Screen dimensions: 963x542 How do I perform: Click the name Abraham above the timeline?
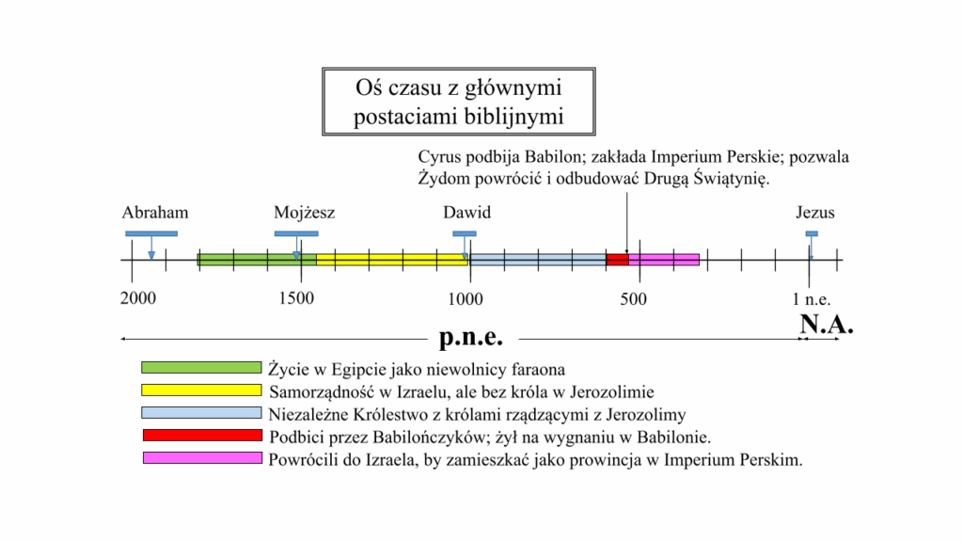(x=155, y=213)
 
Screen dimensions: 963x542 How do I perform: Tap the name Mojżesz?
(x=305, y=214)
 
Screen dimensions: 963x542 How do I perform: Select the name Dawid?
(x=466, y=213)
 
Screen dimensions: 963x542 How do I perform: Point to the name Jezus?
(x=815, y=213)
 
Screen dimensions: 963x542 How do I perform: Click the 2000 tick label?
(x=138, y=298)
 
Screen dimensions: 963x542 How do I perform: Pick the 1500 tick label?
(x=296, y=298)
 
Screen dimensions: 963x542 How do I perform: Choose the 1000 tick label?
(x=465, y=299)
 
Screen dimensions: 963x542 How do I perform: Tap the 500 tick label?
(x=633, y=299)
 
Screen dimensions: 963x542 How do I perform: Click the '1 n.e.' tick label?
(x=812, y=300)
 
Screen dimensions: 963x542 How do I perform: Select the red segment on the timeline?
(x=617, y=260)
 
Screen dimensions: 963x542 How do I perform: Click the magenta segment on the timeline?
(x=664, y=260)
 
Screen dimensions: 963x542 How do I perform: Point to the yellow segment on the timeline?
(x=392, y=260)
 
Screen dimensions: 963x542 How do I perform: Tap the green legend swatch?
(x=201, y=368)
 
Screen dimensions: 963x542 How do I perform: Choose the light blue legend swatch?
(x=201, y=412)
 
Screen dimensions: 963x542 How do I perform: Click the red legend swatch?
(x=203, y=435)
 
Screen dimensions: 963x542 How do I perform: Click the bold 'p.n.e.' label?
(x=471, y=337)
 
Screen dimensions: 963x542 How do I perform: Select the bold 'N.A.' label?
(x=827, y=325)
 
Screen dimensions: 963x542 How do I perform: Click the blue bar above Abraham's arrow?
(x=151, y=233)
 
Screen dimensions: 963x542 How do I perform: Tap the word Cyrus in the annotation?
(x=440, y=157)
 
